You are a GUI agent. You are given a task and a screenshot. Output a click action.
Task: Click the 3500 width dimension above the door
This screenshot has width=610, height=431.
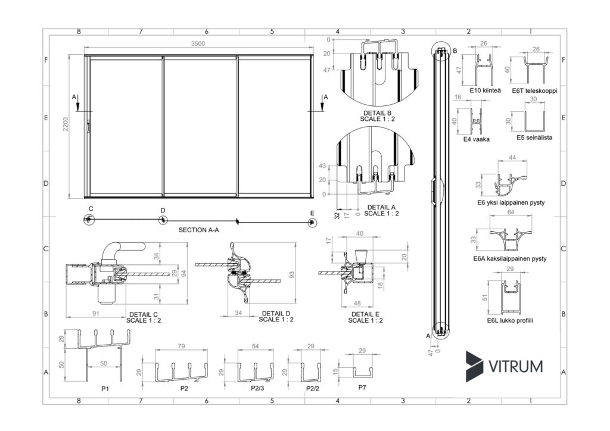click(198, 43)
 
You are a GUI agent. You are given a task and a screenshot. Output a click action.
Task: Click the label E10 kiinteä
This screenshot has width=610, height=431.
click(484, 91)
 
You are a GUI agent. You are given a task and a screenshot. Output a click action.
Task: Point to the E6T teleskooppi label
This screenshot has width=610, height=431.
click(534, 91)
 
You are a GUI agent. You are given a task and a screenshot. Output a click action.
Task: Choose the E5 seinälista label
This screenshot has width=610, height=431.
click(534, 138)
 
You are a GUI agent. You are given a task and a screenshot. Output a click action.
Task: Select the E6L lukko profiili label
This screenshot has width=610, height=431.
click(509, 320)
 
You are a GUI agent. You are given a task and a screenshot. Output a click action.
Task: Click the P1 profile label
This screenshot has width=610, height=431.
click(105, 388)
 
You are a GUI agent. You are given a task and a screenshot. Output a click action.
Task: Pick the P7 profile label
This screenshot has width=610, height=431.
click(363, 388)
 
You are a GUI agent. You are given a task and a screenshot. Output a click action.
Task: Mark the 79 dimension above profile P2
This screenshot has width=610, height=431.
click(181, 346)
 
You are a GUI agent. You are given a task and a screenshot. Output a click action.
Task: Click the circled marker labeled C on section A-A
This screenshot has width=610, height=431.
click(89, 220)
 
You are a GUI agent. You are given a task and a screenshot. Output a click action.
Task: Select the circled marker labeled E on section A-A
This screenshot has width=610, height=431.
click(312, 221)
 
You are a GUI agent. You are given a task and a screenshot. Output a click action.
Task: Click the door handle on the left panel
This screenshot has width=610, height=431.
click(88, 127)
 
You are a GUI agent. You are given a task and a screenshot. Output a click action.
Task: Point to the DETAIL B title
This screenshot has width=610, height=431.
click(377, 113)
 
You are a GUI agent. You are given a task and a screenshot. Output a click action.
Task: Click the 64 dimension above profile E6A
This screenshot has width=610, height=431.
click(510, 212)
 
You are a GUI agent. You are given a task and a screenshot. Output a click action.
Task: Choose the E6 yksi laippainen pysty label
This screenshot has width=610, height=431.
click(511, 202)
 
